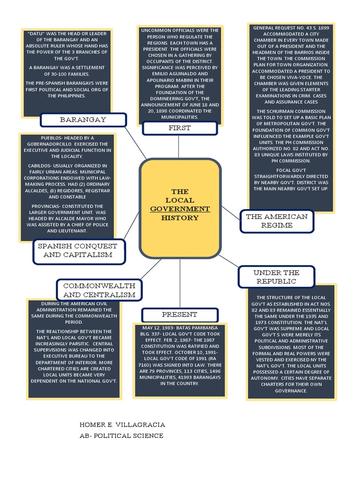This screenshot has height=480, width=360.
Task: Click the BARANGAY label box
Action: (83, 120)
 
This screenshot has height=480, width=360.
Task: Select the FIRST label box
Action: (180, 128)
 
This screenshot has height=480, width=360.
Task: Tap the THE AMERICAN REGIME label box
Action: (277, 221)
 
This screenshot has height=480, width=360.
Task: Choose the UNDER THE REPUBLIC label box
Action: (276, 277)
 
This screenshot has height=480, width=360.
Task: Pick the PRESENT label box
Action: (180, 315)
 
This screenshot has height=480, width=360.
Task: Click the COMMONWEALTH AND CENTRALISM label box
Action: (99, 290)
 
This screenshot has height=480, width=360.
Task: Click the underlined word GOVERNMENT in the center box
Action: (180, 209)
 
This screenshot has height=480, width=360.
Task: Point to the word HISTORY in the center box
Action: (180, 217)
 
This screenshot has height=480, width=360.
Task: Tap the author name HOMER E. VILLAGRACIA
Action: (122, 425)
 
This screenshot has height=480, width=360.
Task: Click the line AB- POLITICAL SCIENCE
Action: (121, 436)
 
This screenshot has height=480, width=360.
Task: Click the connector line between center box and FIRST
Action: (179, 147)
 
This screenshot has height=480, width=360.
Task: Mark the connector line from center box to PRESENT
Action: (180, 283)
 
